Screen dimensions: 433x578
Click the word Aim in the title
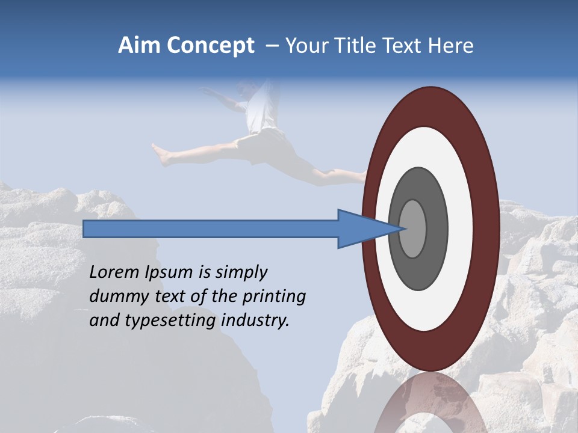138,46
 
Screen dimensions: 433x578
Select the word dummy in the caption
116,296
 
